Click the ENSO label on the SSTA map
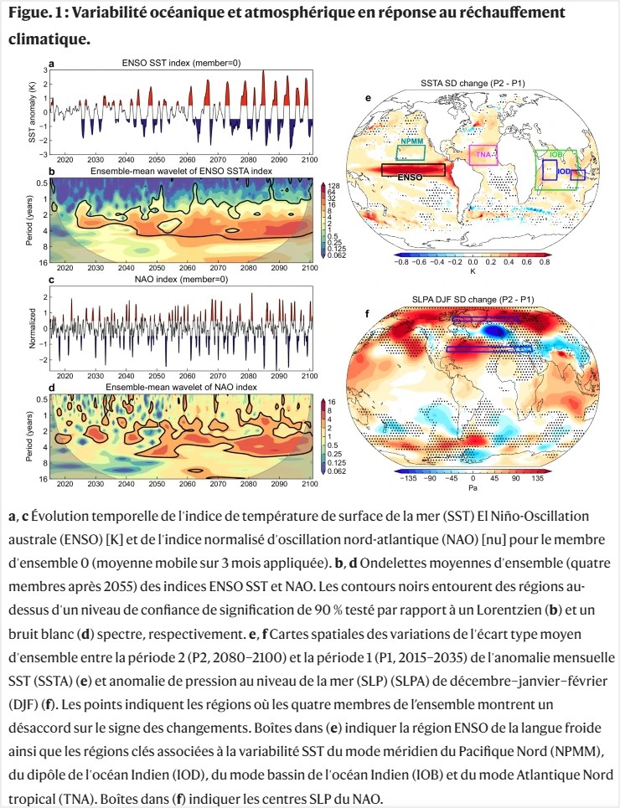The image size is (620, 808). tap(410, 178)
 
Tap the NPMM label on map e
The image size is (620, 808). tap(411, 142)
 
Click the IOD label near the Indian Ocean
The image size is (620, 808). tap(564, 172)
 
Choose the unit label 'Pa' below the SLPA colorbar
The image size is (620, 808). tap(472, 486)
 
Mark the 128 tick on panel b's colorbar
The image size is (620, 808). tap(333, 184)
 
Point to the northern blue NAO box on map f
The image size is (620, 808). tap(484, 319)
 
